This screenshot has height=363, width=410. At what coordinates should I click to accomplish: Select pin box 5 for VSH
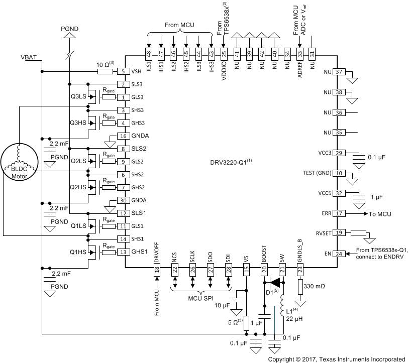(123, 71)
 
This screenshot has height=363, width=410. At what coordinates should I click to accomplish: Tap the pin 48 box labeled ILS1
(148, 53)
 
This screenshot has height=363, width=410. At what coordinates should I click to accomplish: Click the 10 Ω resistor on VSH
(105, 71)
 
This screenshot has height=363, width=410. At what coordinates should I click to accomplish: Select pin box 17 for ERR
(339, 214)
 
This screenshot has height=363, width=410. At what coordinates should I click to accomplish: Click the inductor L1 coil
(283, 306)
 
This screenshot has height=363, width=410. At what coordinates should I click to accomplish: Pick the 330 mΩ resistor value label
(319, 285)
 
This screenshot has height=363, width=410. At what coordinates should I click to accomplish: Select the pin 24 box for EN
(339, 254)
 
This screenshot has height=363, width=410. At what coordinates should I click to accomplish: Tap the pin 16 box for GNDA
(123, 136)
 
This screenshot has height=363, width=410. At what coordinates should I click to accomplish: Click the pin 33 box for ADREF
(300, 53)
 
